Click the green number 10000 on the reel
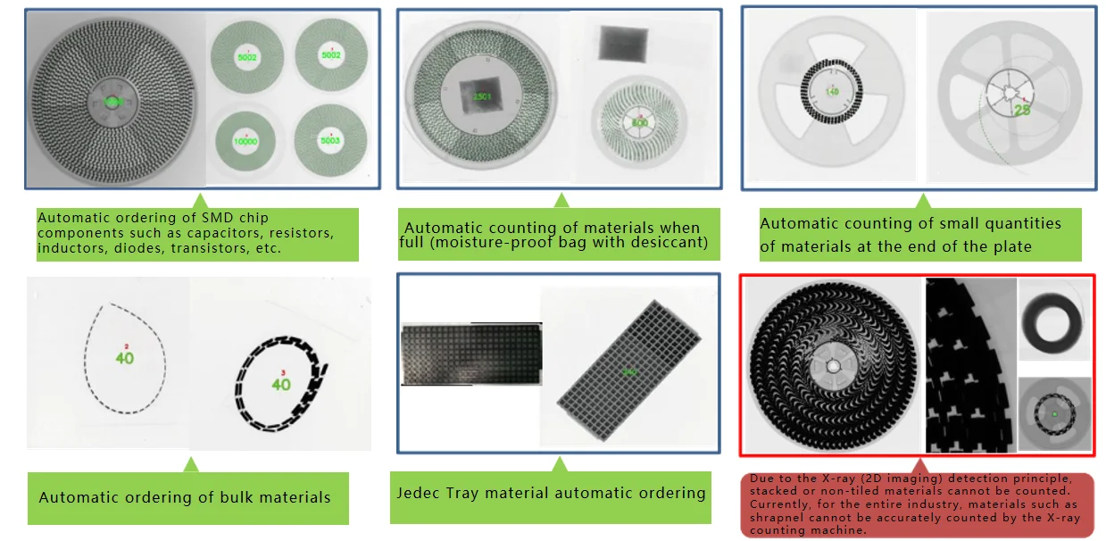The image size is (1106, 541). coord(245,141)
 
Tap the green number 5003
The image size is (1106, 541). coord(330,140)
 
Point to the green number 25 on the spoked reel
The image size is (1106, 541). coord(1022,109)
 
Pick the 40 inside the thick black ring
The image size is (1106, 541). coord(281,385)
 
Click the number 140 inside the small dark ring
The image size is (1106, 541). coord(833,92)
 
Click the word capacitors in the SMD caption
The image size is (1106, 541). coord(241,234)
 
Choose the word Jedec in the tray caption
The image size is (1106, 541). coord(417,493)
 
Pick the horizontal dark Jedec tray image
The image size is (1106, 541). coord(470,354)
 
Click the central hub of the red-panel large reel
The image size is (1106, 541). coord(833,365)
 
